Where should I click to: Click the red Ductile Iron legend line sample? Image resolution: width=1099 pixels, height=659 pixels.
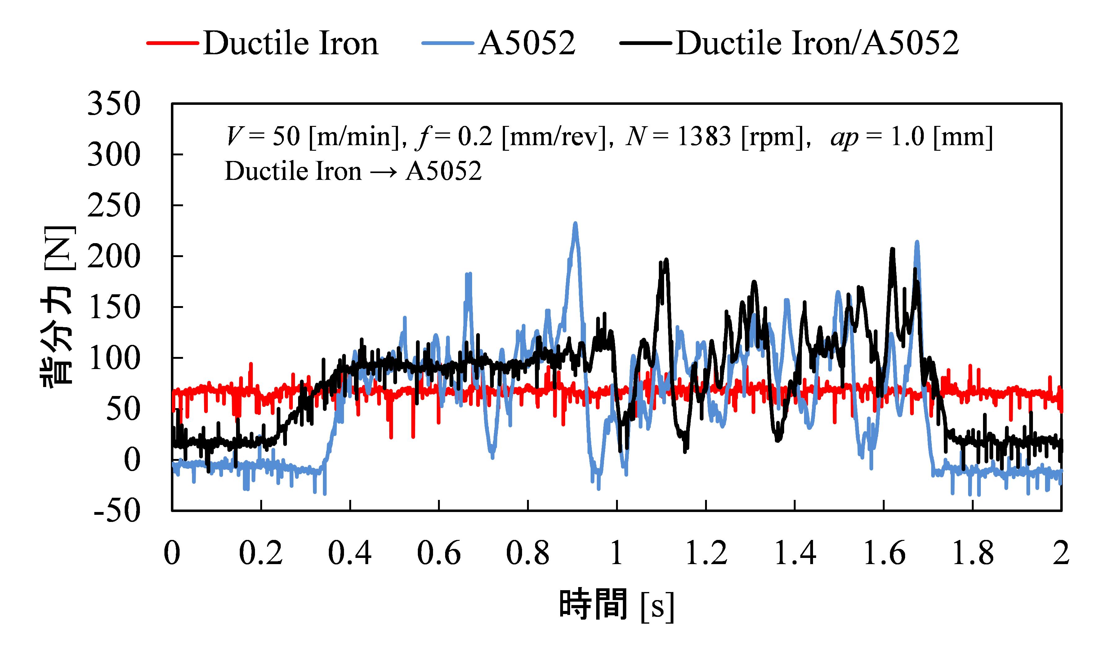pyautogui.click(x=173, y=43)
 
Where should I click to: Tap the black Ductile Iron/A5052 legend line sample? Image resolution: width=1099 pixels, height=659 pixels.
pyautogui.click(x=646, y=43)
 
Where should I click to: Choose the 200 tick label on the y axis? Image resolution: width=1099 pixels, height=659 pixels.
pyautogui.click(x=114, y=257)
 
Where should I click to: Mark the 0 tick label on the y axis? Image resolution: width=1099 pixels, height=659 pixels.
pyautogui.click(x=132, y=460)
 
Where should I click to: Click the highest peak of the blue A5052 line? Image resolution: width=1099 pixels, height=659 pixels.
pyautogui.click(x=575, y=223)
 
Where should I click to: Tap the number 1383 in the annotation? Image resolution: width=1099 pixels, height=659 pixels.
pyautogui.click(x=704, y=136)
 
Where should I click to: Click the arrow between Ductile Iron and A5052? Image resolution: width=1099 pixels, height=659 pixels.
pyautogui.click(x=383, y=172)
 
